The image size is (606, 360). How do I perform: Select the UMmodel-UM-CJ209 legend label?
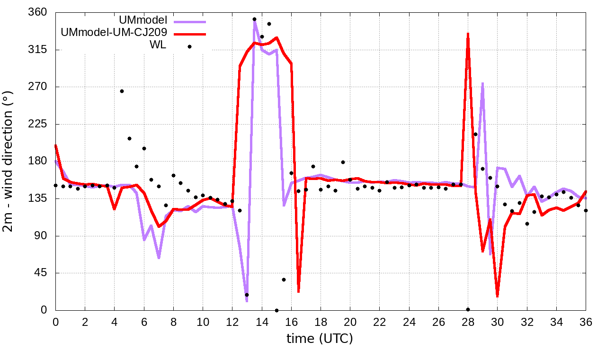point(114,34)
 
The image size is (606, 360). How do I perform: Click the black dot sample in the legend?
point(189,46)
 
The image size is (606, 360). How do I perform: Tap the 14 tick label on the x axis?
point(262,322)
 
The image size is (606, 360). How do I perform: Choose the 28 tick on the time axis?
point(468,322)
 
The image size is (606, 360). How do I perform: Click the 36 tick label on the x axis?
point(586,322)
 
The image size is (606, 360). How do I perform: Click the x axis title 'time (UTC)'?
point(320,339)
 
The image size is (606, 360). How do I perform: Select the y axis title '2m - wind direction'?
point(9,161)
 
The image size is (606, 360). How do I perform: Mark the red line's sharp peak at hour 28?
point(468,34)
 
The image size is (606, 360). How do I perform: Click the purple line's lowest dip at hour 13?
point(247,301)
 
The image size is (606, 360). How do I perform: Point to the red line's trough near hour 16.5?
point(298,291)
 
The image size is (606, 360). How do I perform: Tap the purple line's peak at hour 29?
point(482,84)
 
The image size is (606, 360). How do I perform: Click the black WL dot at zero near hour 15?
point(276,310)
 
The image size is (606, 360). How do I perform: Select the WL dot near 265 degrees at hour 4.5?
point(122,91)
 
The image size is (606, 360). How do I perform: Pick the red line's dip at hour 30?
point(497,296)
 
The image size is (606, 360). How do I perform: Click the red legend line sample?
point(189,34)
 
